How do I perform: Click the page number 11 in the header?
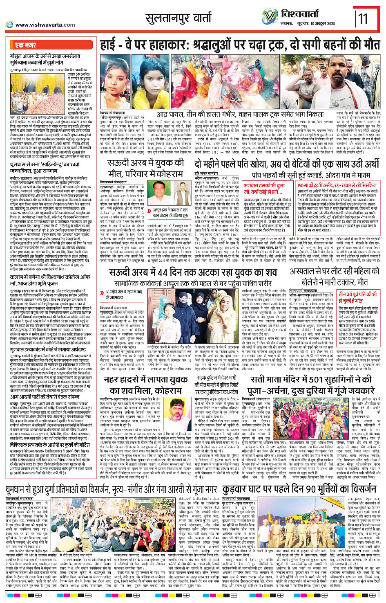(364, 18)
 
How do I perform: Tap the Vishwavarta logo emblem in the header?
(270, 16)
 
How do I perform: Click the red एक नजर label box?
(25, 45)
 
